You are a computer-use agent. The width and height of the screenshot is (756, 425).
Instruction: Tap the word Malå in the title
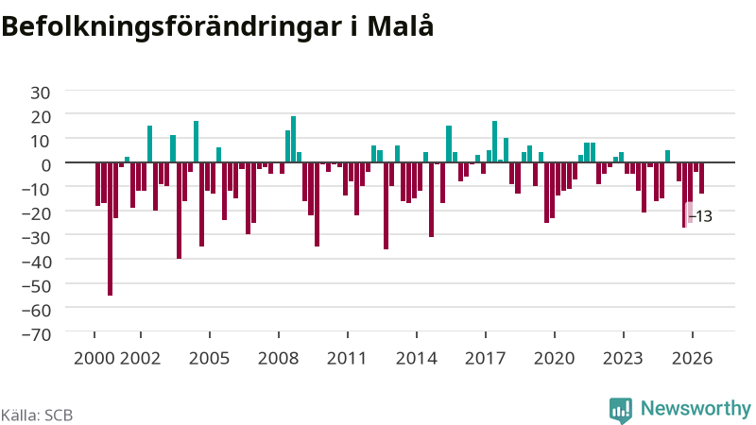[x=401, y=26]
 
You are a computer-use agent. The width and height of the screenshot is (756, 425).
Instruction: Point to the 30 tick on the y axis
[x=41, y=93]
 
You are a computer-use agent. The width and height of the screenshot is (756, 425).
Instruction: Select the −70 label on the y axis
[x=36, y=334]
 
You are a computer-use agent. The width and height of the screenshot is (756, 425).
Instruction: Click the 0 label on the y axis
[x=45, y=165]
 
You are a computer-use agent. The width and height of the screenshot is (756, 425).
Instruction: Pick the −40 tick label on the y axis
[x=36, y=262]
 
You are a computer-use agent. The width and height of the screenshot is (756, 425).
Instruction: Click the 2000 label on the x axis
[x=94, y=358]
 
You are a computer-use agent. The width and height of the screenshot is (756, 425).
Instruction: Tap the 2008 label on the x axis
[x=278, y=358]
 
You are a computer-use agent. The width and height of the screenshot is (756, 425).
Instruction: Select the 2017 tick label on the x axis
[x=485, y=358]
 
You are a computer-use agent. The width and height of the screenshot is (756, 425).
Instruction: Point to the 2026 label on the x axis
[x=692, y=358]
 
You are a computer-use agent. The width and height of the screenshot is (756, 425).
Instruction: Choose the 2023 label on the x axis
[x=623, y=358]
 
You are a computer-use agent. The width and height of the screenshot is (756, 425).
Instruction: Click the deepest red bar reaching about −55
[x=110, y=229]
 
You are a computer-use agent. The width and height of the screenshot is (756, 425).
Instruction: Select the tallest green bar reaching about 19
[x=293, y=139]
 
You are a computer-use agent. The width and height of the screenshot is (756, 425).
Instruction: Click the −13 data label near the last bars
[x=700, y=216]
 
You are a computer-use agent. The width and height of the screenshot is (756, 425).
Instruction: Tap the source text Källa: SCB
[x=37, y=415]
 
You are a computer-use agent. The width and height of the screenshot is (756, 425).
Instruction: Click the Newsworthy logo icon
[x=621, y=411]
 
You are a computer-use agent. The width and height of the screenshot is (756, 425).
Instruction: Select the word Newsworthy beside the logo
[x=696, y=409]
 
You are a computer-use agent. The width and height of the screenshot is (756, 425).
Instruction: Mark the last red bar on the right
[x=701, y=178]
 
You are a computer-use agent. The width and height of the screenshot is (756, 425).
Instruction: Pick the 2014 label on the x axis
[x=416, y=358]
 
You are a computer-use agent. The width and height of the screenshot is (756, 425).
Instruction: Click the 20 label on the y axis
[x=41, y=117]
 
